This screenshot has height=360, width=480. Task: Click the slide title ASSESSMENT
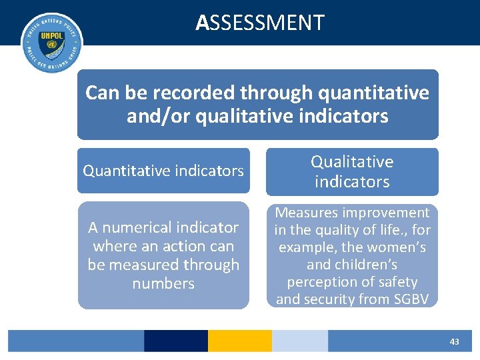coord(260,23)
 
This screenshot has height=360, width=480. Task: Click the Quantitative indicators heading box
coord(163,171)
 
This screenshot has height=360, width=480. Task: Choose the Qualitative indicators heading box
coord(352,171)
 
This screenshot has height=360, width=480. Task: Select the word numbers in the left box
coord(163,283)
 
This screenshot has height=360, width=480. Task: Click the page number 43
coord(454,341)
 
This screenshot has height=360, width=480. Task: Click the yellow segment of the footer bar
coord(239,341)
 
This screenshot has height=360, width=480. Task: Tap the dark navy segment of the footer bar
coord(175,341)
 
